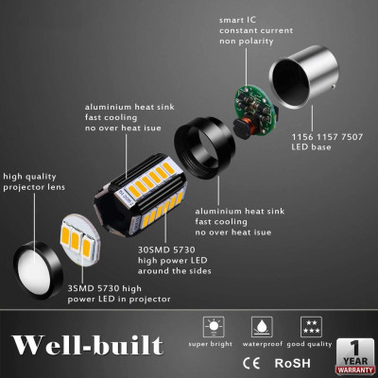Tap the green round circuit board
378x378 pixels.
point(253,102)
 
